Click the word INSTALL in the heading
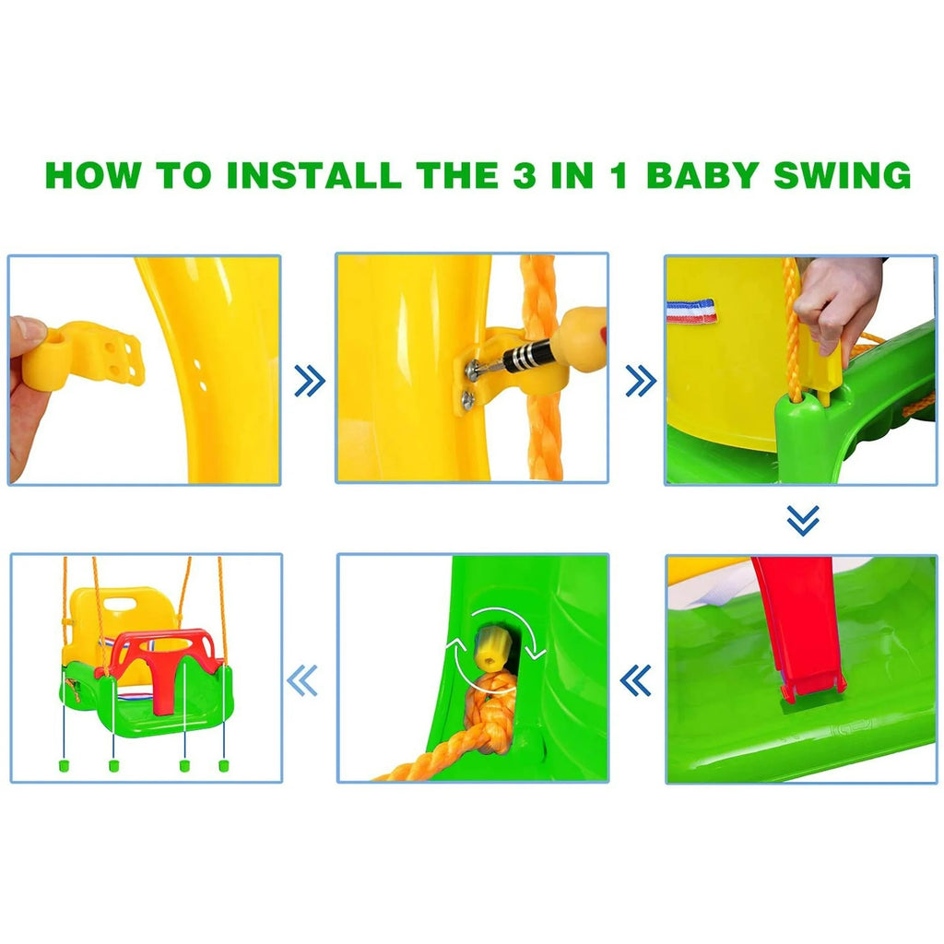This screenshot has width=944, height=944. pos(313,175)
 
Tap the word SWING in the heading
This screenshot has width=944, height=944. pos(843,175)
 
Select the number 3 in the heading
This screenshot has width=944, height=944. pos(525,175)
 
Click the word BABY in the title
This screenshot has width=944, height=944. pos(702,175)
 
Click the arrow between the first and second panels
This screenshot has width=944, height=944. pos(310,381)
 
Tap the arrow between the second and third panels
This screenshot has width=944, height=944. pos(642,381)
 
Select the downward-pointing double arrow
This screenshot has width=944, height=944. pos(803,520)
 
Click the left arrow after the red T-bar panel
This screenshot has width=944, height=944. pos(636,680)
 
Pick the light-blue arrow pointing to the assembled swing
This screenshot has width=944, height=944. pos(301,680)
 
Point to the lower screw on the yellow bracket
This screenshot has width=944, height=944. pos(467,399)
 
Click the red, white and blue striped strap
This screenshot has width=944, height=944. pos(691,312)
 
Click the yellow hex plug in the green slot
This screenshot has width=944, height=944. pos(491,648)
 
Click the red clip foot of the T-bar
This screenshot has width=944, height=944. pos(813,686)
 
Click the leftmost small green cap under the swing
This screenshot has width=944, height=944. pos(63,765)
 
